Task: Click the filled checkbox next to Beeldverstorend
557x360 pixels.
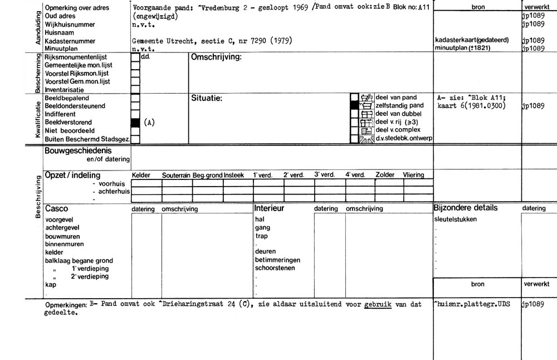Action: [x=135, y=122]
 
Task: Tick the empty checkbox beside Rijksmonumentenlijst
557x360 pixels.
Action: [x=135, y=57]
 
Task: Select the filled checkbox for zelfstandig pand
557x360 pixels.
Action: [x=355, y=105]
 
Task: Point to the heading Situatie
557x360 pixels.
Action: [x=207, y=98]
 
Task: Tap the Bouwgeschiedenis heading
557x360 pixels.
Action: [x=77, y=150]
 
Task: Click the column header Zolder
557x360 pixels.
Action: [x=385, y=175]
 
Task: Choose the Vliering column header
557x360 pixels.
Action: [x=414, y=175]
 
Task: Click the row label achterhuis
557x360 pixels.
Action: [x=111, y=191]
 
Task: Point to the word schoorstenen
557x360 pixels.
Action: [x=275, y=268]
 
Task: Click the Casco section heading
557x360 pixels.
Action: [x=56, y=208]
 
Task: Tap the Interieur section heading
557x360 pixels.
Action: [x=269, y=208]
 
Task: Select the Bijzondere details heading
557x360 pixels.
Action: [x=466, y=208]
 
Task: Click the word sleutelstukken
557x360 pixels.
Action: [x=456, y=219]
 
